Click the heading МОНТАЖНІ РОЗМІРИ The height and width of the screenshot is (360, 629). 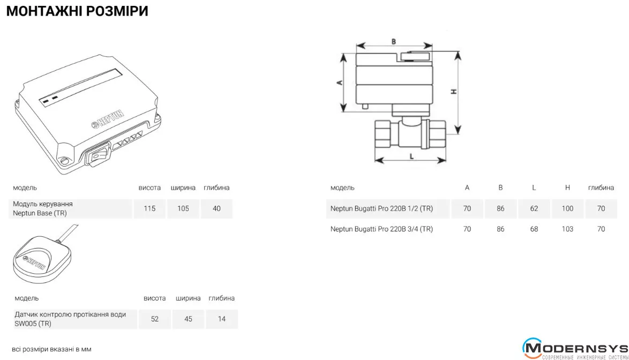pyautogui.click(x=77, y=11)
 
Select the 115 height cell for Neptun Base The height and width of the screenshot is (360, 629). pyautogui.click(x=149, y=208)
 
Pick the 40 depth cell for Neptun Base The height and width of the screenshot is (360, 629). pyautogui.click(x=216, y=208)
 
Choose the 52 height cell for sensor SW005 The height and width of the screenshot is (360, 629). pyautogui.click(x=155, y=319)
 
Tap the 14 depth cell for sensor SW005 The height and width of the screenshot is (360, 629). pyautogui.click(x=222, y=319)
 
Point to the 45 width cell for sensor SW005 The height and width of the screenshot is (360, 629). pyautogui.click(x=188, y=319)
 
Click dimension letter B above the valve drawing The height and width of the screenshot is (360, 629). pyautogui.click(x=393, y=41)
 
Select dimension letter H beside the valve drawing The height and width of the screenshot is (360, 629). pyautogui.click(x=454, y=92)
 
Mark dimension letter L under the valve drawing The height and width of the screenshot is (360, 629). pyautogui.click(x=411, y=156)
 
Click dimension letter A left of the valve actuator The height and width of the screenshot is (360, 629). pyautogui.click(x=339, y=82)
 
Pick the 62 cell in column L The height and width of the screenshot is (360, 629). pyautogui.click(x=534, y=208)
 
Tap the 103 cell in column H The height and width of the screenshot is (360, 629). pyautogui.click(x=567, y=229)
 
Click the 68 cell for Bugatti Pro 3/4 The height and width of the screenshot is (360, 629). pyautogui.click(x=534, y=229)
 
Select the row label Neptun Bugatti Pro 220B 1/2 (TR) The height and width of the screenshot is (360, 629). pyautogui.click(x=381, y=208)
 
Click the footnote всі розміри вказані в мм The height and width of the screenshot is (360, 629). pyautogui.click(x=52, y=349)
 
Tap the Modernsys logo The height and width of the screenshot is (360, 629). pyautogui.click(x=575, y=348)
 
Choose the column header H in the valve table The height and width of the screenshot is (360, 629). pyautogui.click(x=567, y=187)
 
